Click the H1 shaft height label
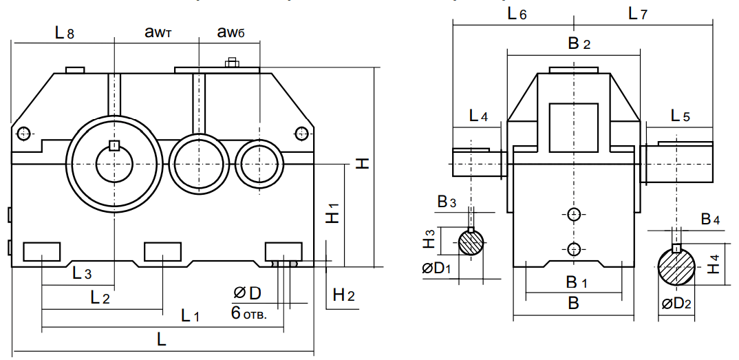click(332, 215)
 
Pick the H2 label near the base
click(343, 295)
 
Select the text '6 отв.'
click(248, 314)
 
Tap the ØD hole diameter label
click(248, 294)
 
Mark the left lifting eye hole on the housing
click(24, 133)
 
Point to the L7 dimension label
click(638, 13)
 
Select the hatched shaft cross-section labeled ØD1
click(471, 242)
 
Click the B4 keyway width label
click(710, 220)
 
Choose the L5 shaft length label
click(681, 116)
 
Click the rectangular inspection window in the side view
click(572, 127)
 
